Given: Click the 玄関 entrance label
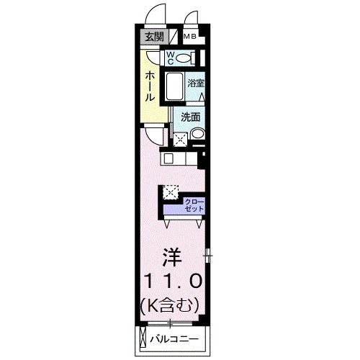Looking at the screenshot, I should point(153,37).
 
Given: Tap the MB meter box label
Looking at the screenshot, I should point(190,37).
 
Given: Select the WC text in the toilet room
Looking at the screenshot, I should point(171,57).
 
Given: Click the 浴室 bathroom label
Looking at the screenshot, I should point(196,84).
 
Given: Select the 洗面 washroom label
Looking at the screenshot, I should point(191,117).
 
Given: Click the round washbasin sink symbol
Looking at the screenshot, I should point(197,134).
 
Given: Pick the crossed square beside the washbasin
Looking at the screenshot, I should point(179,137).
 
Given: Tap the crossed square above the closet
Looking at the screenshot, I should point(170,192).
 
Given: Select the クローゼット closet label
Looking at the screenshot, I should point(194,204).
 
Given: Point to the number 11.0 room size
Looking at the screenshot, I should point(171,280).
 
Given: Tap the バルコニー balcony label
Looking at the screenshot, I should point(176,339).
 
